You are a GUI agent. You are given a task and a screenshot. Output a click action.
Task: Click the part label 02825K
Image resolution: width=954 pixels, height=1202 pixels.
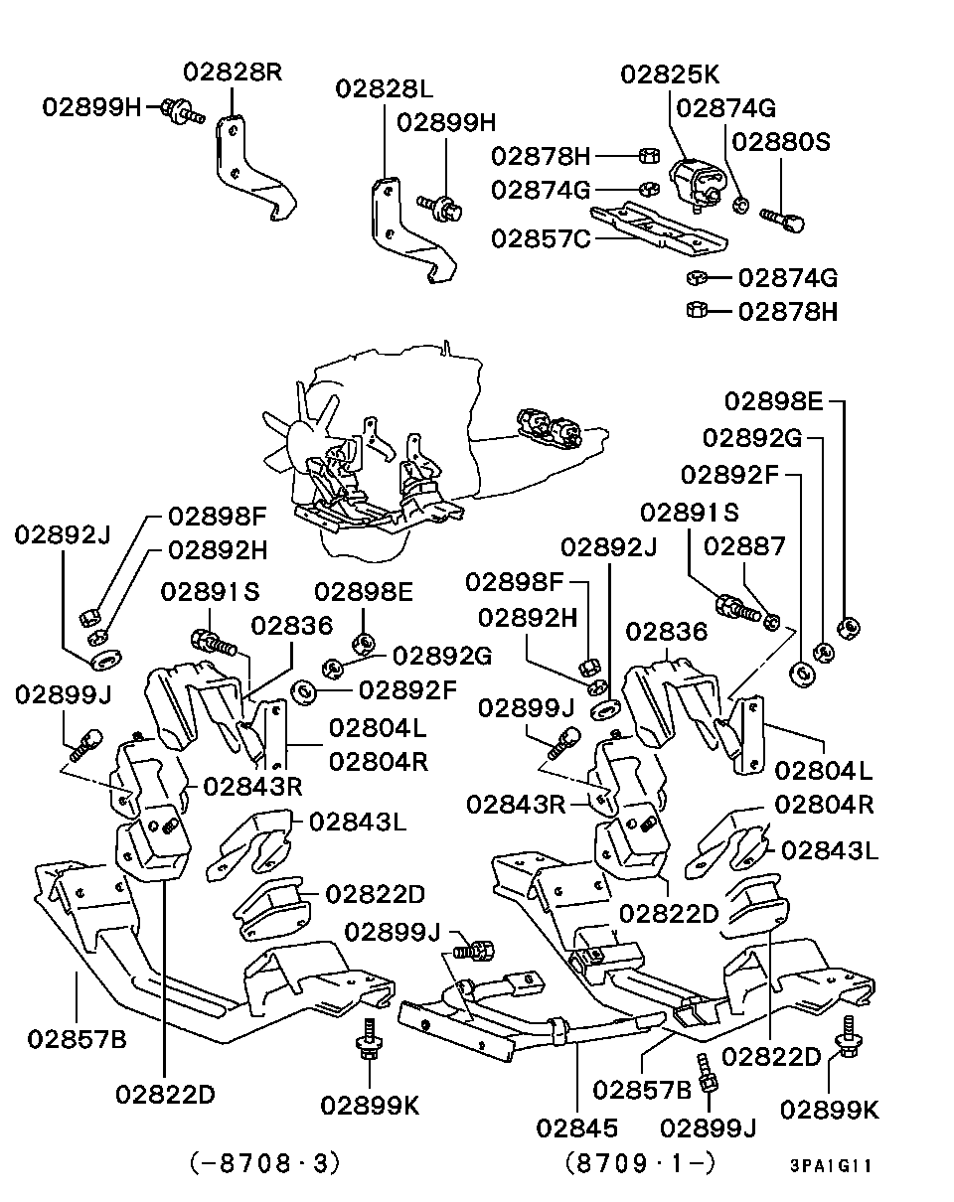tap(670, 75)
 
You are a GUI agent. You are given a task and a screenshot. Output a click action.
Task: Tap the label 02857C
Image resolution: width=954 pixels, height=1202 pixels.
tap(541, 238)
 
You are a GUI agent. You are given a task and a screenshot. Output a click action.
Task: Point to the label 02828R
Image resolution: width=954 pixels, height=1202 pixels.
tap(233, 72)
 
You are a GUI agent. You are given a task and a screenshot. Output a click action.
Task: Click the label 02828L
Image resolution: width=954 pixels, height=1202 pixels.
tap(384, 88)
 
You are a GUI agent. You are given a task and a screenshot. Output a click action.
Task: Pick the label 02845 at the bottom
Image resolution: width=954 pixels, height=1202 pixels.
tap(576, 1127)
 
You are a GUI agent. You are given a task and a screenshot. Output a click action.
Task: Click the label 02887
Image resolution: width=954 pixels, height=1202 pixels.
tap(744, 546)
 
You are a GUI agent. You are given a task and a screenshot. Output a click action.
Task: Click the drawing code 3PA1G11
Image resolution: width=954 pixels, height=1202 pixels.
tap(831, 1166)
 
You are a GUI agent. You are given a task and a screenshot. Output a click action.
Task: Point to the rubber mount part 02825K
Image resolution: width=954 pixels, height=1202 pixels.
tap(694, 187)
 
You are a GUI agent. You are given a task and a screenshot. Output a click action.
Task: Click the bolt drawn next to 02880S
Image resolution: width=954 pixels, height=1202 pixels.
tap(782, 217)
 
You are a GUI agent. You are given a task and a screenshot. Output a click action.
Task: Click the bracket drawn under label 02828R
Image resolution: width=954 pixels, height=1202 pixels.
tap(248, 169)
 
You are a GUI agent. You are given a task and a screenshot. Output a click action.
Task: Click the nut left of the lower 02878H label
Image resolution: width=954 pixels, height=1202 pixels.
tap(696, 311)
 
